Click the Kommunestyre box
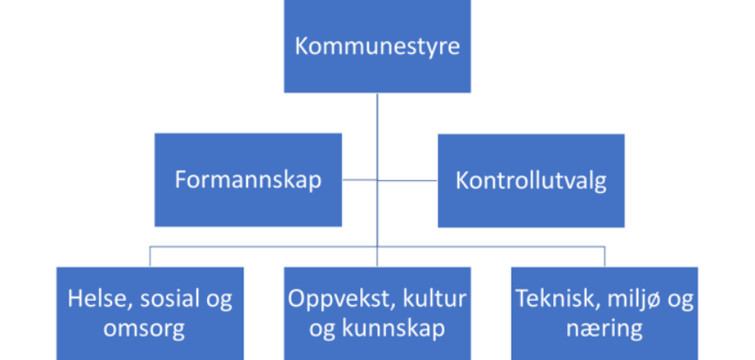(377, 46)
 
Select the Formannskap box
(248, 179)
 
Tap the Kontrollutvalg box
(531, 181)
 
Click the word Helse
(100, 299)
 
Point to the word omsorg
(144, 330)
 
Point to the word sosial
(165, 299)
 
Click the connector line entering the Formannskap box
(360, 180)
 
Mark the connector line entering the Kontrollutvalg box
(407, 181)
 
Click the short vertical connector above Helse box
(150, 257)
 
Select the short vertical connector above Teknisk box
(605, 257)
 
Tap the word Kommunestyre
(377, 47)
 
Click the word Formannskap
(248, 180)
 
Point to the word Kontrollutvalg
(531, 181)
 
